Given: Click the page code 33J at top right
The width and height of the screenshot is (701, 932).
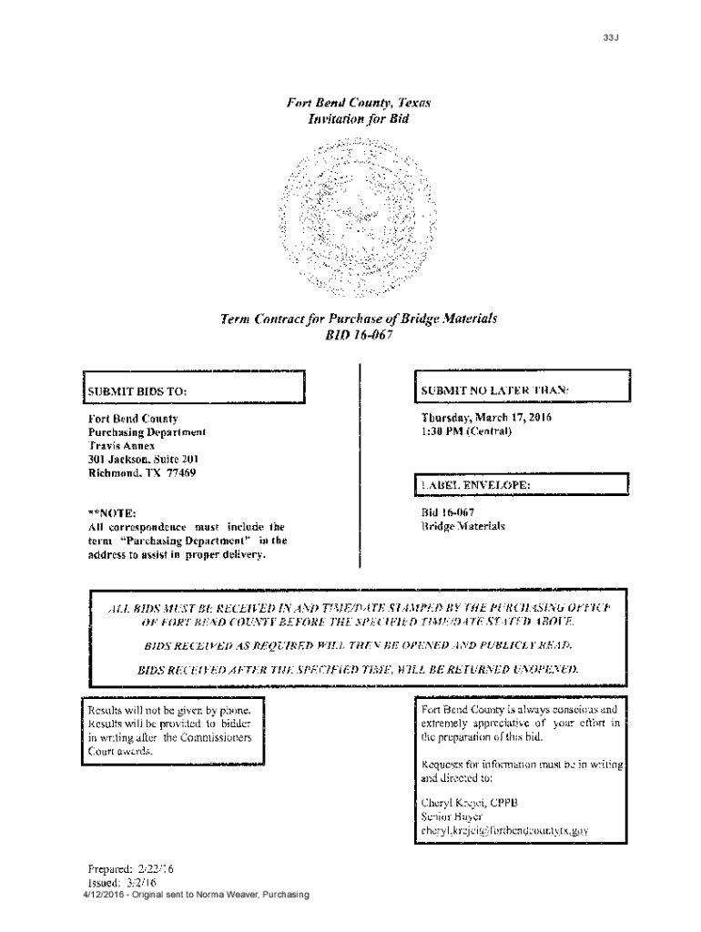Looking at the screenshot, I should pyautogui.click(x=609, y=37).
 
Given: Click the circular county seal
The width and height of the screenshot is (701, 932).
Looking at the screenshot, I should pyautogui.click(x=358, y=218).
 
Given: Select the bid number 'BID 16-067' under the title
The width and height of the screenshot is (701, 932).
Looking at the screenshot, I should pyautogui.click(x=358, y=334).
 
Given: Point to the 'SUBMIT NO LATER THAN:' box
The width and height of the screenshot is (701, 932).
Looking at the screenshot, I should pyautogui.click(x=521, y=389).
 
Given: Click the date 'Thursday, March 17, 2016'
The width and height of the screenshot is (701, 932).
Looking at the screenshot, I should pyautogui.click(x=486, y=418).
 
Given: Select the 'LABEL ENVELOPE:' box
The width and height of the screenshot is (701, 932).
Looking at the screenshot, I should pyautogui.click(x=521, y=485).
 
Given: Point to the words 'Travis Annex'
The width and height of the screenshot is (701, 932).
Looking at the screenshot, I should pyautogui.click(x=117, y=446).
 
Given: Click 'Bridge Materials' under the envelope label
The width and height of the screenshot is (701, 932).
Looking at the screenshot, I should pyautogui.click(x=462, y=526).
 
